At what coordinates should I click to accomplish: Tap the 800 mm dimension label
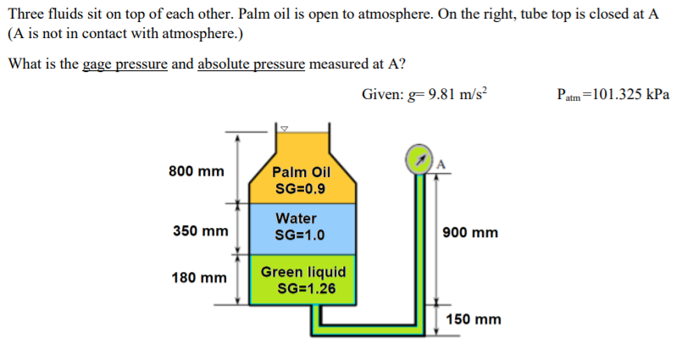(197, 171)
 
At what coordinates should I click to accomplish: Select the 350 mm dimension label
(200, 230)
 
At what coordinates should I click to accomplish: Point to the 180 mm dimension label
(199, 277)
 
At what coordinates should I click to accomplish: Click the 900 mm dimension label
(470, 232)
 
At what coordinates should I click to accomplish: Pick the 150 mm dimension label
(474, 319)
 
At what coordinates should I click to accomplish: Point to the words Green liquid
(303, 272)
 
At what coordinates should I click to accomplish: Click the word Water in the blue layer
(296, 219)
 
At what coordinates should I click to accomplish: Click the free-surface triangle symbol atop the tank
(285, 128)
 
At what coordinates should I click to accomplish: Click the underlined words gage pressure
(125, 65)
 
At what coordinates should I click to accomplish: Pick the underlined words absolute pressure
(251, 65)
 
